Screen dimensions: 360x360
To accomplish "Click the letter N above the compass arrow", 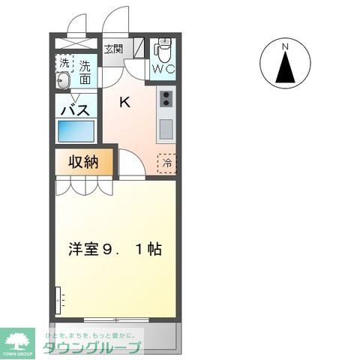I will point(285,48).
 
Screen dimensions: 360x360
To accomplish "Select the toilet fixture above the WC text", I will point(162,51).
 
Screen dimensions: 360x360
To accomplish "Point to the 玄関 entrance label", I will point(114,49).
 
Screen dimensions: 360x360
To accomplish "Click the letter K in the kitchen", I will point(125,102).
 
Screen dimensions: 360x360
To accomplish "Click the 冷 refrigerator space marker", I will point(166,160).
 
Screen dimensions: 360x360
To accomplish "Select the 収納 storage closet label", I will point(85,161).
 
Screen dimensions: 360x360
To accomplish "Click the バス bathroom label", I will point(75,109).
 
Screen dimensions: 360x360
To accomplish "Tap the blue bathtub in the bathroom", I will point(76,133).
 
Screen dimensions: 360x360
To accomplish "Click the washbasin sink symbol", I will point(64,81).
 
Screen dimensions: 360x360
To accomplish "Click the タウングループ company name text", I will point(91,347).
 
